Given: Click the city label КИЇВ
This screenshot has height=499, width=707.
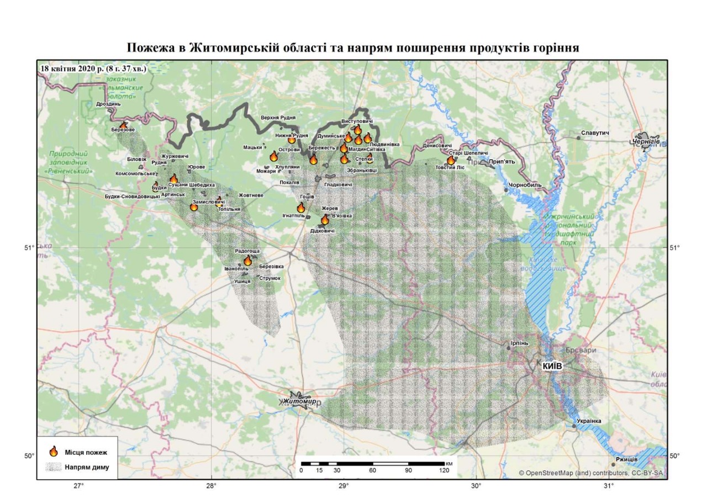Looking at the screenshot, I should (552, 366).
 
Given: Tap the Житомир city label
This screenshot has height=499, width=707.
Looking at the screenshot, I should (299, 401).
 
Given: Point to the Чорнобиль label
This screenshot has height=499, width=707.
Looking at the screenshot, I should (526, 185).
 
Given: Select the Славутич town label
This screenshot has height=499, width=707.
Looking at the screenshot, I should (594, 134).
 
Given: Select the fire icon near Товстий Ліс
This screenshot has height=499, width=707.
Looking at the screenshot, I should (451, 160).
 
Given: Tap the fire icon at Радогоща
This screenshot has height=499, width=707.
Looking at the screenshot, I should (247, 260).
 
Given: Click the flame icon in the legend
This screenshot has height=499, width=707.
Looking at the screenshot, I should (54, 452).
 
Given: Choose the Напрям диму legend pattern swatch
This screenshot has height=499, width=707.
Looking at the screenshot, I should (54, 467).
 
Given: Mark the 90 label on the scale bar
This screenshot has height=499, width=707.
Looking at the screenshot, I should (408, 470).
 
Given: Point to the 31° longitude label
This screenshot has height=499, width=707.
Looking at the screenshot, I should (609, 486).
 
